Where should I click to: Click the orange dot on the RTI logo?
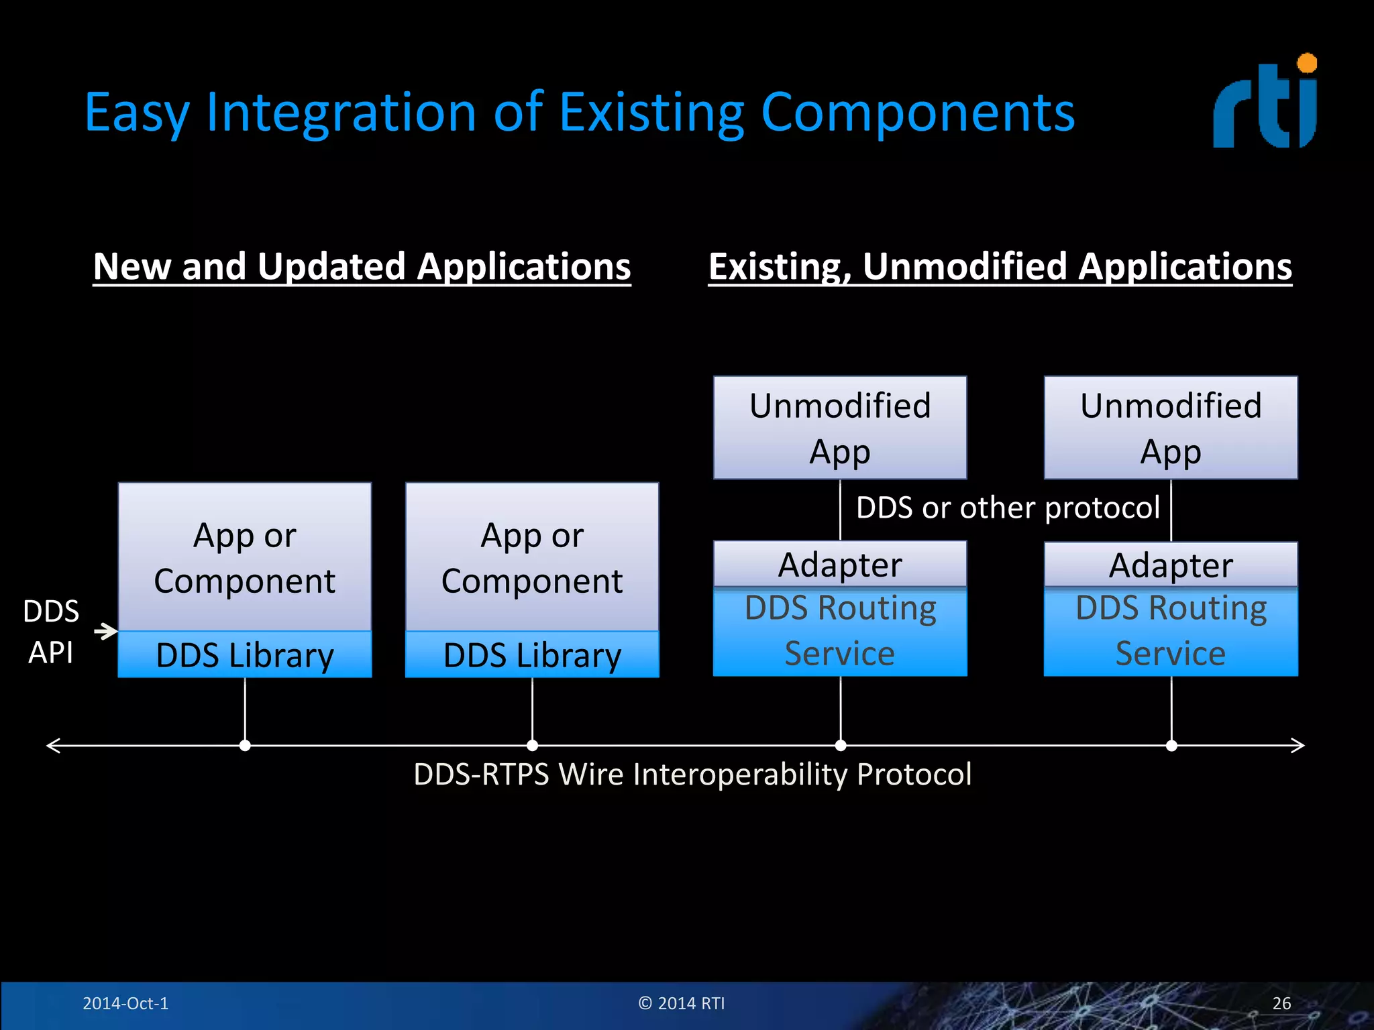[1307, 64]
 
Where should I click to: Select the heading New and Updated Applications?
[362, 267]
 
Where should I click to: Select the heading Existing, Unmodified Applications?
[1000, 267]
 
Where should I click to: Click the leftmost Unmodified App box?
[840, 428]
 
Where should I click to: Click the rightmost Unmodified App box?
[1171, 428]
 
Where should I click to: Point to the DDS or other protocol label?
[1008, 508]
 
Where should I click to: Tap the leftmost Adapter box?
[840, 565]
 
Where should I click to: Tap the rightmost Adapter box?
[1171, 565]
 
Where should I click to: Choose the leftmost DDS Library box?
[245, 655]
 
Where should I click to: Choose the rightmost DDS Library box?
[532, 655]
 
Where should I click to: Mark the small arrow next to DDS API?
[106, 631]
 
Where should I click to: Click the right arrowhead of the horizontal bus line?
[1298, 746]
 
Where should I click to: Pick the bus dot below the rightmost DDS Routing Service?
[1171, 746]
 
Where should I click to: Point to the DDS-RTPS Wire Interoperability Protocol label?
[692, 775]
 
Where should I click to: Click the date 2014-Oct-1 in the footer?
[125, 1003]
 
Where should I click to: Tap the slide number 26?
[1281, 1003]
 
